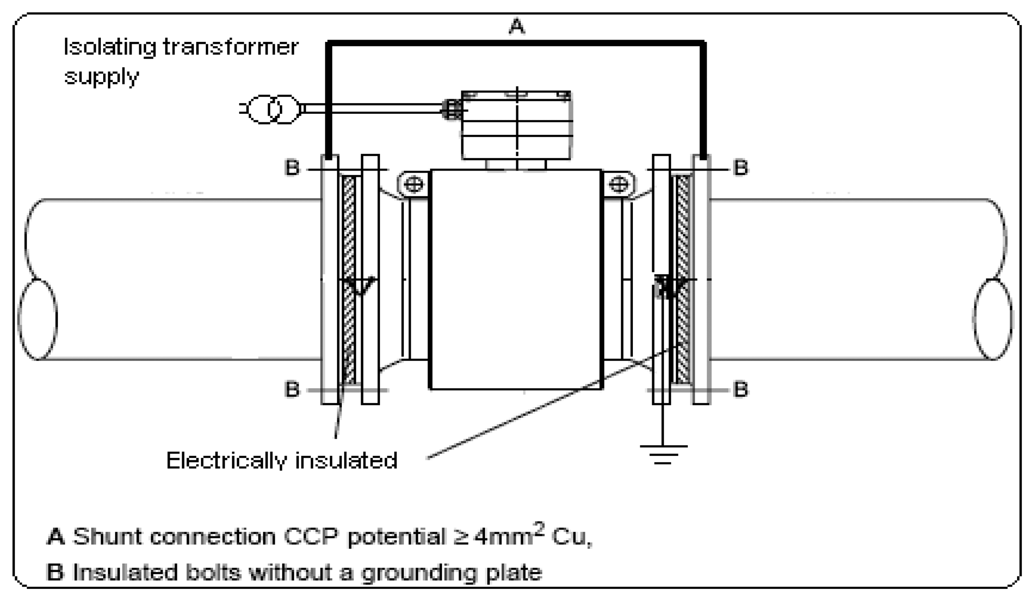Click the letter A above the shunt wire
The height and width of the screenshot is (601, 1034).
point(516,26)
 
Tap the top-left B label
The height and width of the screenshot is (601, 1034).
point(292,168)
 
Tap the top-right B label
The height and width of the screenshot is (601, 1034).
point(740,168)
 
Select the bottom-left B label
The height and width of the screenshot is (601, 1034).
point(292,389)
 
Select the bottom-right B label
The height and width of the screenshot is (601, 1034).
point(740,389)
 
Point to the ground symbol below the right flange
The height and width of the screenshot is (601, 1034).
point(663,454)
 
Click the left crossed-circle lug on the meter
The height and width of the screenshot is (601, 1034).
point(414,184)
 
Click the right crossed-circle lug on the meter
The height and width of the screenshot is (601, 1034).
point(619,184)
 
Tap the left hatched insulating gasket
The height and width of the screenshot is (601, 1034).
point(348,280)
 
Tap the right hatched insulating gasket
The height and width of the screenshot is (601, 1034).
point(683,280)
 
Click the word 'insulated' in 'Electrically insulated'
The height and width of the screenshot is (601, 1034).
point(346,461)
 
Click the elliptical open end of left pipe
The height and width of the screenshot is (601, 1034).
point(38,319)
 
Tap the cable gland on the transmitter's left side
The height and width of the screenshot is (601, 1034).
point(451,110)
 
